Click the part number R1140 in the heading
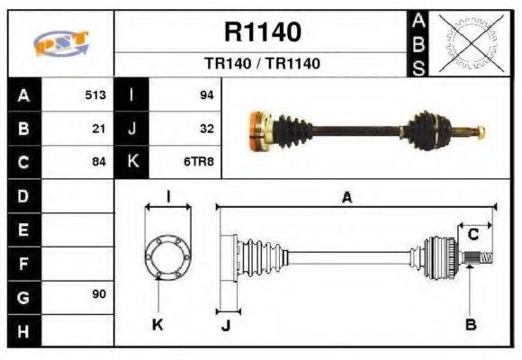tap(262, 33)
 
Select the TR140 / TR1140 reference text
tap(262, 64)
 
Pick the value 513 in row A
tap(95, 94)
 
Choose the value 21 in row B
tap(99, 128)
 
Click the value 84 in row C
tap(99, 162)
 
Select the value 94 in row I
tap(205, 94)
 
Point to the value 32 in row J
tap(206, 128)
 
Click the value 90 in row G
tap(99, 294)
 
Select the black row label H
tap(23, 331)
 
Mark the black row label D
tap(23, 195)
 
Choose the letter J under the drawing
tap(226, 326)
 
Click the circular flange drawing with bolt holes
tap(167, 256)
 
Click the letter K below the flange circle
tap(157, 325)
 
